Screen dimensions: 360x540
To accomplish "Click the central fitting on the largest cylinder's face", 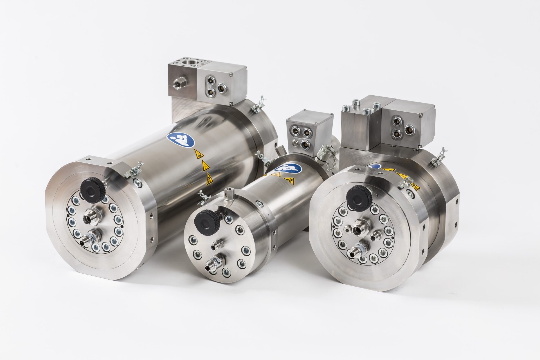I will coord(92,217).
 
